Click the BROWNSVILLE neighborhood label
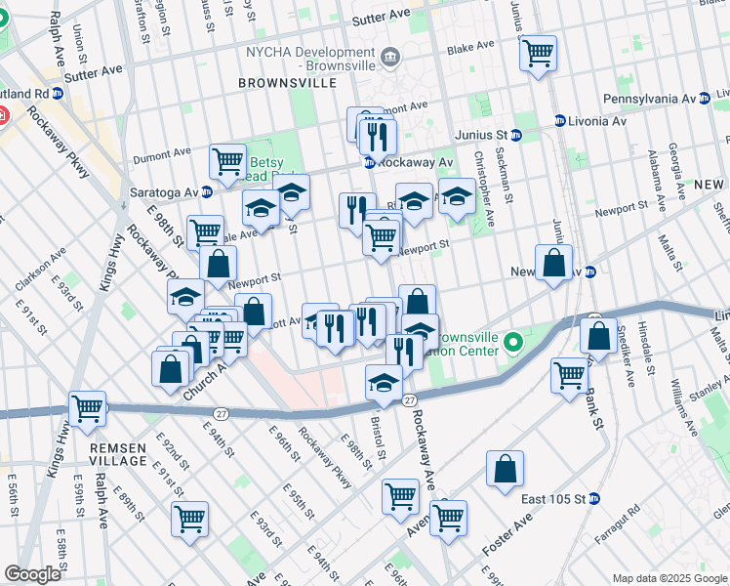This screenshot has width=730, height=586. click(x=289, y=84)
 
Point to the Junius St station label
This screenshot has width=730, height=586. click(x=480, y=134)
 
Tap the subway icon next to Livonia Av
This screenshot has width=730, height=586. click(x=559, y=121)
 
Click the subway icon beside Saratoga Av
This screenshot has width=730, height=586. click(x=207, y=191)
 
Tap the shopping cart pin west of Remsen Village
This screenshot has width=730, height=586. click(x=88, y=408)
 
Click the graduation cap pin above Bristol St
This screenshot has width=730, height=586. click(x=385, y=381)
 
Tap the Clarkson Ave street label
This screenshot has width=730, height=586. click(x=40, y=267)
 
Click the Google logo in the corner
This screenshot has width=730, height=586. click(x=32, y=574)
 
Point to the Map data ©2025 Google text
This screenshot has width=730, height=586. click(x=669, y=578)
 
